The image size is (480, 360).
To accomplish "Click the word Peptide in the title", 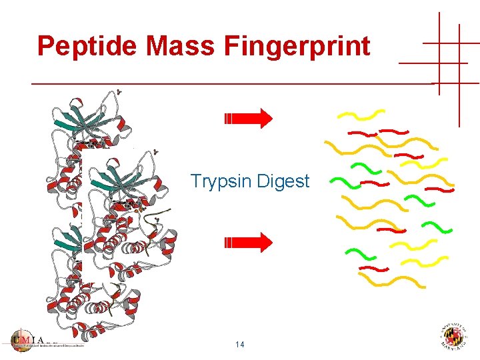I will point(87,47).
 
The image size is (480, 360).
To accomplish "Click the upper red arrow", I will point(248,119).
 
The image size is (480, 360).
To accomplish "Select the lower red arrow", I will point(248,242).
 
